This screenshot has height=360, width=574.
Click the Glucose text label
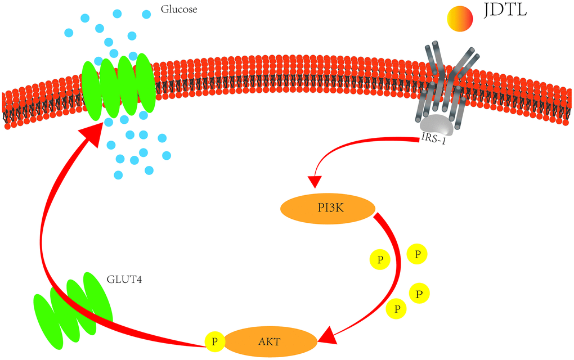(x=179, y=10)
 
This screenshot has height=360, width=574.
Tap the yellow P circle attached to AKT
(x=214, y=341)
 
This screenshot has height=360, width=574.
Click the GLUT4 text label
(x=123, y=278)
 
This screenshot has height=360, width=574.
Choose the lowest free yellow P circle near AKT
(x=397, y=308)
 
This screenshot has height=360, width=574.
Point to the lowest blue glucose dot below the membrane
(x=118, y=175)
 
